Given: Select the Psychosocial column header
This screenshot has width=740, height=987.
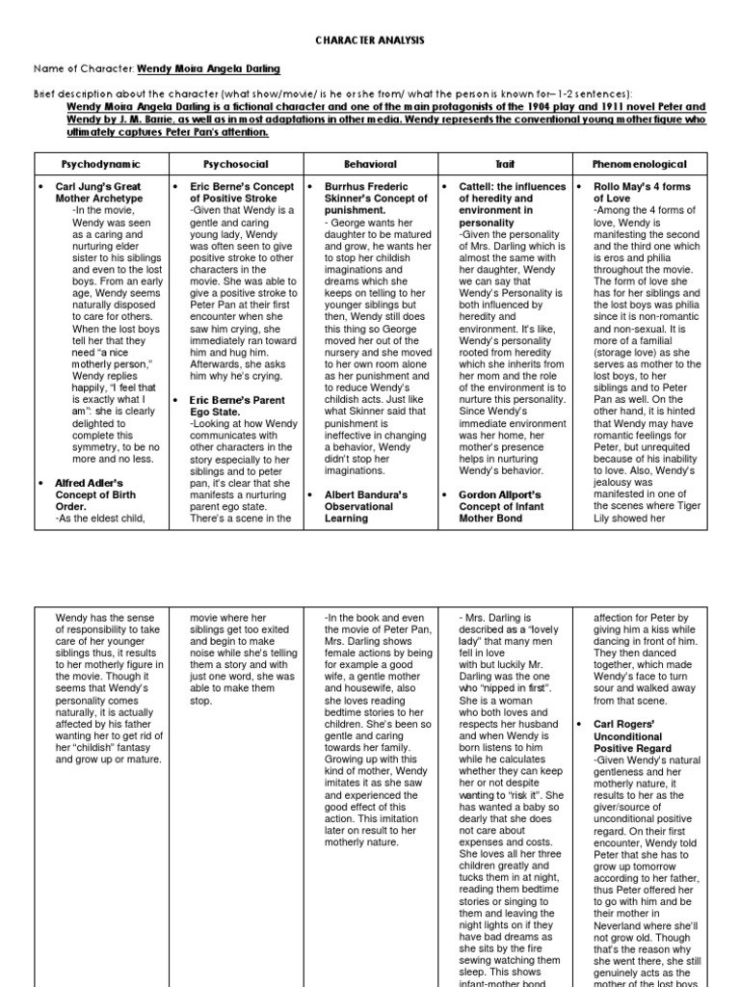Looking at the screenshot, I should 235,165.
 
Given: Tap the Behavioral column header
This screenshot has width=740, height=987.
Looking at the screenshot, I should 370,165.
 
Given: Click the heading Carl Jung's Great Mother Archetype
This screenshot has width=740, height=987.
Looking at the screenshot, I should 98,192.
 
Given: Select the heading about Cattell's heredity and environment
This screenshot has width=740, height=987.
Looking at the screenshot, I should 509,203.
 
